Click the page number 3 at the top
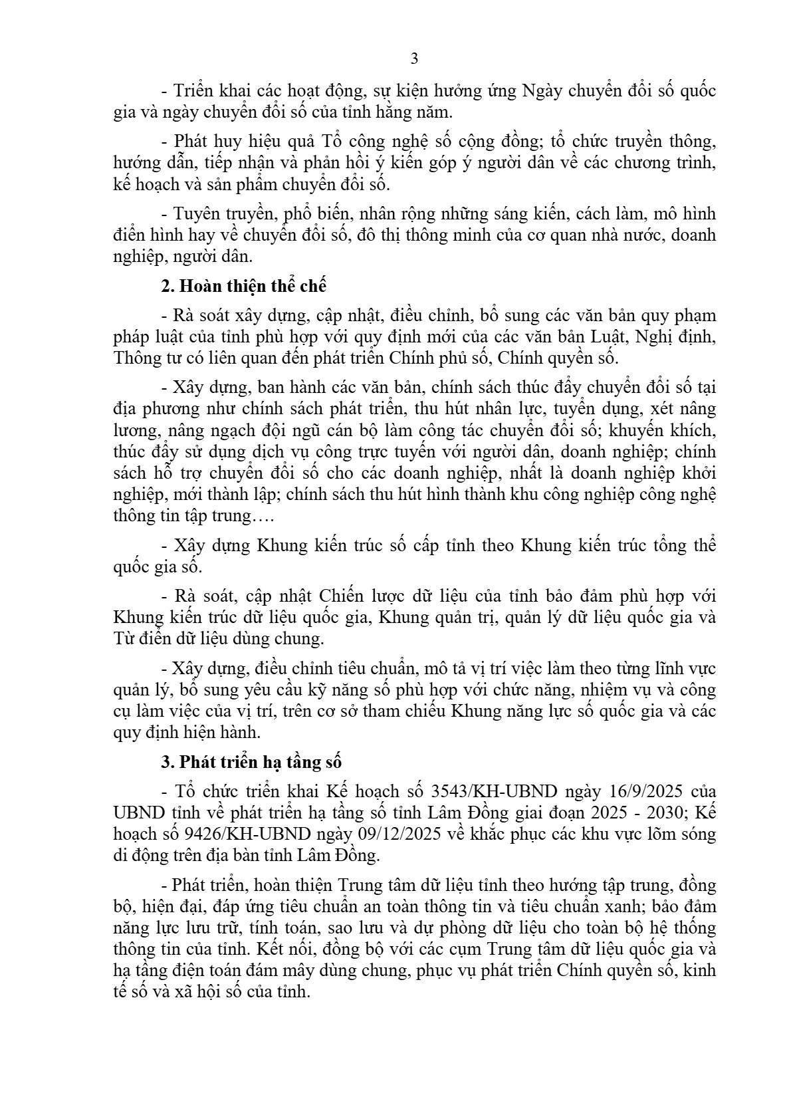[x=414, y=59]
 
